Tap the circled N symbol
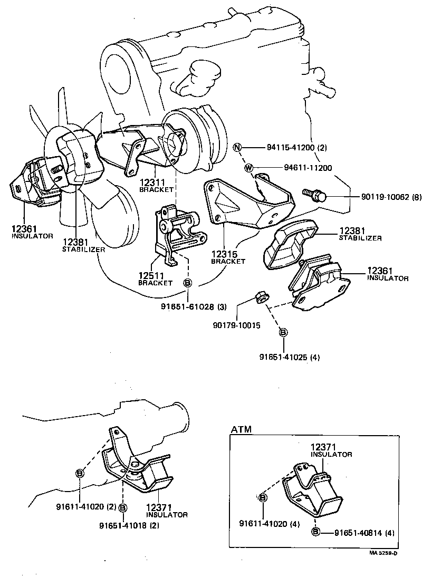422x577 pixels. pyautogui.click(x=238, y=147)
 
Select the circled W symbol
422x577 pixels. pyautogui.click(x=248, y=168)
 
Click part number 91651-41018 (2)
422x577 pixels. pyautogui.click(x=129, y=525)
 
